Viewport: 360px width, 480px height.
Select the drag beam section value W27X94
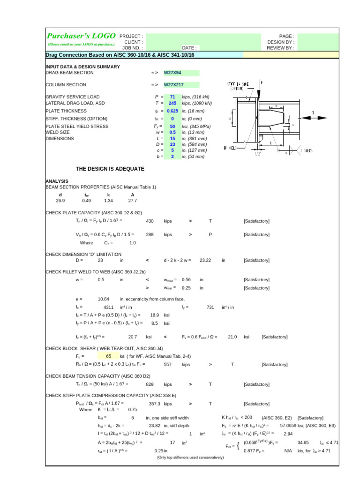tap(172, 73)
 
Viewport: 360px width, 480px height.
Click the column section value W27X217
tap(173, 85)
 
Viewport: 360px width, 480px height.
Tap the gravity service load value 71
tap(172, 97)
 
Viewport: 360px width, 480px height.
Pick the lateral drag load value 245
tap(172, 103)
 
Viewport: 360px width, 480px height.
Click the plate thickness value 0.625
tap(172, 111)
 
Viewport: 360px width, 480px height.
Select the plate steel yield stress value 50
tap(172, 127)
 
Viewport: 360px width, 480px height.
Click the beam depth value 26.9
tap(60, 201)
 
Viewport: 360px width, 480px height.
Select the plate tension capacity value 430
tap(150, 221)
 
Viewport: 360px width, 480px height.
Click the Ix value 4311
tap(108, 307)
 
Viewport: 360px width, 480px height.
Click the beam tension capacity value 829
tap(150, 384)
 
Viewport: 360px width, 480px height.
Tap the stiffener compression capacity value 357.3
tap(155, 404)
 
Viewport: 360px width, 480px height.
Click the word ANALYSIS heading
tap(57, 181)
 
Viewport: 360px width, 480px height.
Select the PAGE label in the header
tap(286, 36)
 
